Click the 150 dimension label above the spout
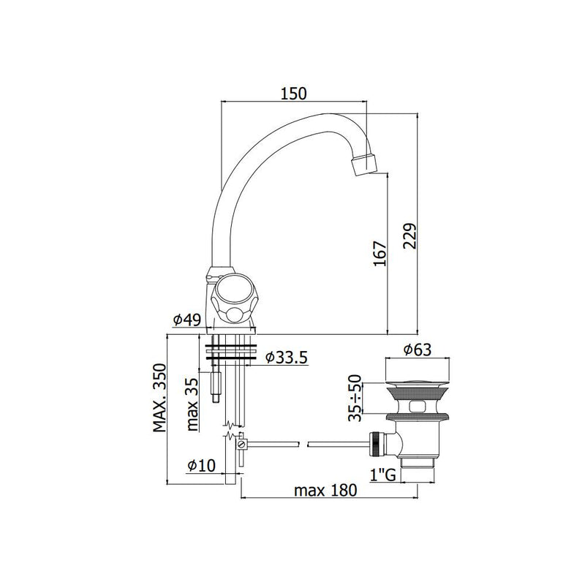coord(294,94)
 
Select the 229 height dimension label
coord(409,235)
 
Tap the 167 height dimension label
coord(380,253)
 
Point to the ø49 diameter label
coord(187,320)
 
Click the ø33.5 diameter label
coord(286,357)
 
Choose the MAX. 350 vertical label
coord(159,398)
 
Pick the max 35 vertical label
coord(192,404)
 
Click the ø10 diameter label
coord(202,465)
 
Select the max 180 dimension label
coord(325,490)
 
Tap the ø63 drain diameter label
coord(417,350)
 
